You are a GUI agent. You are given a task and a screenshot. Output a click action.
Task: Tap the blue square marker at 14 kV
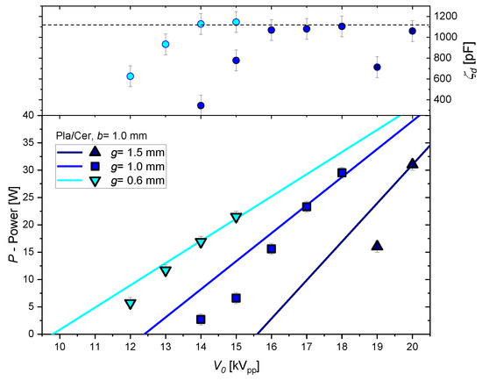[201, 320]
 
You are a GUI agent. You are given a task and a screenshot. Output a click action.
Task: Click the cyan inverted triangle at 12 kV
[131, 304]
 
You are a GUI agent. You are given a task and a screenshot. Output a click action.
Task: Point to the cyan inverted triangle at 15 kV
[236, 217]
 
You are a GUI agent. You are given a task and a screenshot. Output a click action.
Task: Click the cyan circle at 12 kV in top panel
[131, 76]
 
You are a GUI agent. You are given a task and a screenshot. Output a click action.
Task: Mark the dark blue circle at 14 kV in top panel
[201, 105]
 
